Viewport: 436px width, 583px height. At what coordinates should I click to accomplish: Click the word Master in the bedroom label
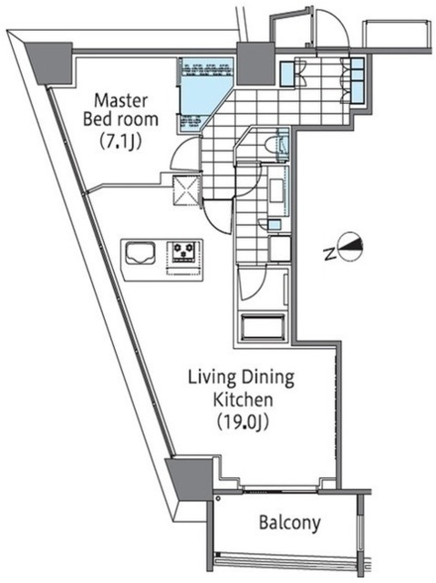(x=121, y=101)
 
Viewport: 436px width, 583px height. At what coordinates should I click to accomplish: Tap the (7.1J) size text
(x=121, y=141)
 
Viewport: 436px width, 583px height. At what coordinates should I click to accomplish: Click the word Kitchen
(x=243, y=400)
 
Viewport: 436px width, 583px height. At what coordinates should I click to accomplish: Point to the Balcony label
(x=290, y=522)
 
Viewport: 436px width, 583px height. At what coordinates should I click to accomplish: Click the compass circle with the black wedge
(x=349, y=247)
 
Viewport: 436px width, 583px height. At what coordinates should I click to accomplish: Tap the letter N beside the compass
(x=329, y=254)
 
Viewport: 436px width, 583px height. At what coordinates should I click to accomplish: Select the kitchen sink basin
(x=140, y=253)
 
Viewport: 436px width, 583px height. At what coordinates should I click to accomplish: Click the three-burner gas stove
(x=182, y=251)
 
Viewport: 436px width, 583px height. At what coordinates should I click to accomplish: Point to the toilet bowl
(x=280, y=145)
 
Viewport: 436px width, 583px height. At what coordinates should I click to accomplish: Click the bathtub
(x=263, y=327)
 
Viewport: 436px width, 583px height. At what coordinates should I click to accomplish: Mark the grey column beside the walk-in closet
(x=255, y=63)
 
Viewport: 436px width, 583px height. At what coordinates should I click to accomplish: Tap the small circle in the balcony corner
(x=218, y=498)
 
